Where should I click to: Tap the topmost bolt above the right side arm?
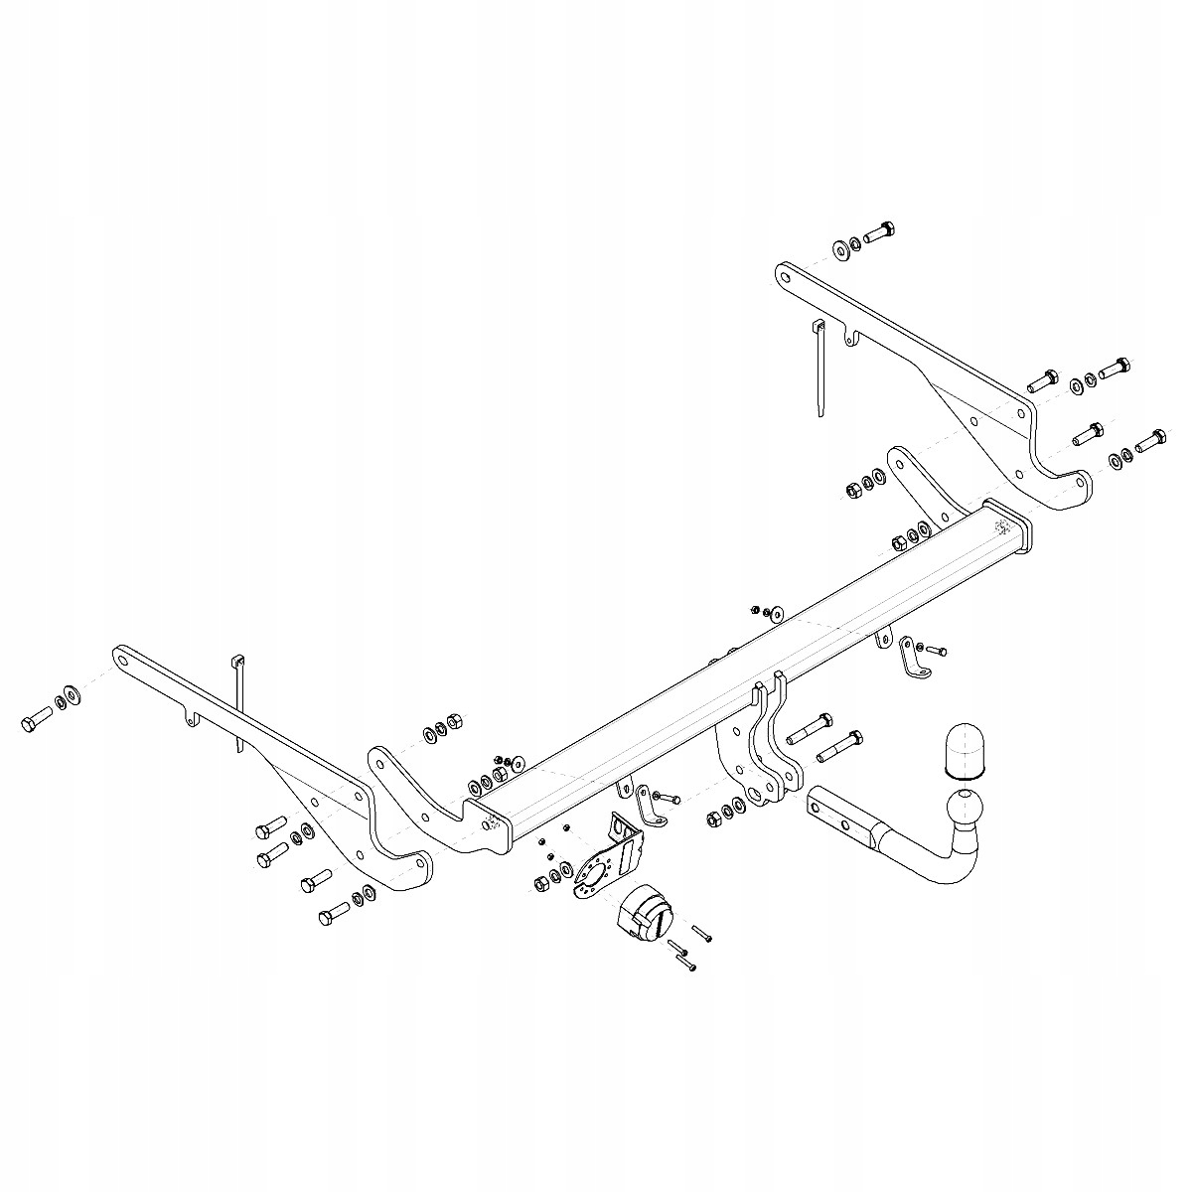coord(880,233)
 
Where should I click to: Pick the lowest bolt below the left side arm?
coord(334,912)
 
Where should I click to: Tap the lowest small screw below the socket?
coord(686,963)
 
